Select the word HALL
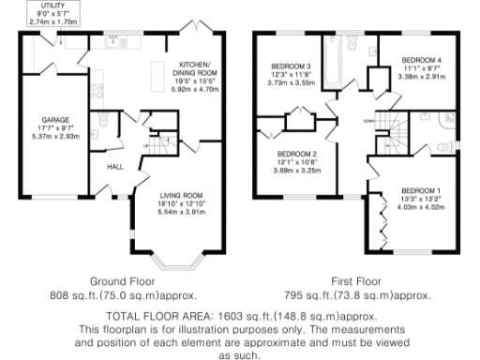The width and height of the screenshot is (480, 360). (115, 166)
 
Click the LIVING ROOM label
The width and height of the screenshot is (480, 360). (183, 187)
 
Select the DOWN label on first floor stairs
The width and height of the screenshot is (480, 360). (367, 121)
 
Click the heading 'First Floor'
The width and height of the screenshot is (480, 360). (359, 280)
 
